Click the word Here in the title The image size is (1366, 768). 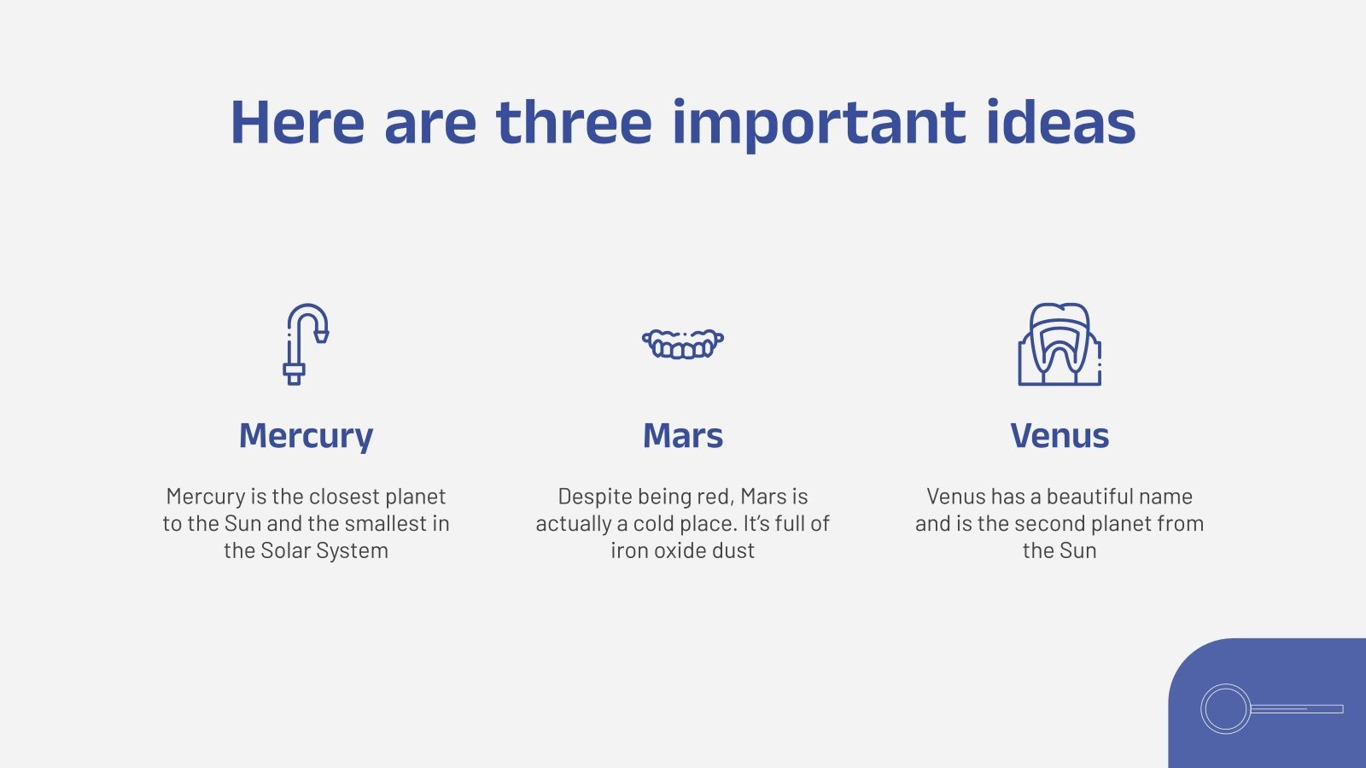click(298, 123)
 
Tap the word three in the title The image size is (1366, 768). click(575, 122)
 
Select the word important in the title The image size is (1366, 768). click(819, 125)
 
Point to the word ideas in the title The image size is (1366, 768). click(1061, 122)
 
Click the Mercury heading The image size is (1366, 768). click(306, 436)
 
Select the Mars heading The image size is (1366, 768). click(683, 436)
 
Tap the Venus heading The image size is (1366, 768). click(1060, 436)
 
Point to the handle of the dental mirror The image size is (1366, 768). click(1297, 709)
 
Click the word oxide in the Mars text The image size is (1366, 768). click(684, 551)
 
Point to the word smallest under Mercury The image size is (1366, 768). click(385, 524)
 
